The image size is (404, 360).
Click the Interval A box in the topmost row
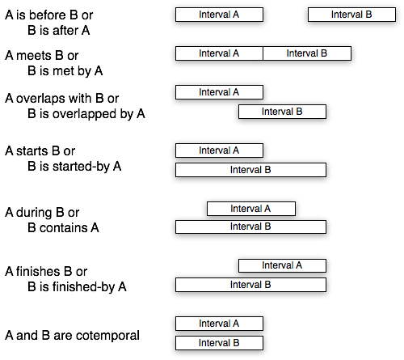[x=219, y=15]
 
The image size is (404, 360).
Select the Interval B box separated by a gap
[x=351, y=15]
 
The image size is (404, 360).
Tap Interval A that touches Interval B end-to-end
[x=219, y=53]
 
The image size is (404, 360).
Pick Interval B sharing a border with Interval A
[x=307, y=53]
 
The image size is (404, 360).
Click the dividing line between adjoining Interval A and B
[x=263, y=53]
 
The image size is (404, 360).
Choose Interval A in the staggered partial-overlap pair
[x=219, y=92]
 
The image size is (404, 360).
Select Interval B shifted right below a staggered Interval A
[x=282, y=112]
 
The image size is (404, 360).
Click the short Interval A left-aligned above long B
[x=219, y=150]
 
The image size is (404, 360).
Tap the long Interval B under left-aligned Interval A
[x=250, y=170]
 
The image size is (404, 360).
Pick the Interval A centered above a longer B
[x=250, y=209]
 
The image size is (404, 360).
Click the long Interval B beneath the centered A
[x=250, y=227]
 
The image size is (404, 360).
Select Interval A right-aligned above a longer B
[x=282, y=265]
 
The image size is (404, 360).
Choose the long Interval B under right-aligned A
[x=250, y=285]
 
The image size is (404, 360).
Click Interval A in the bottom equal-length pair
[x=219, y=324]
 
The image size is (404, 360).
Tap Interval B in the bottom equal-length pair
[x=219, y=343]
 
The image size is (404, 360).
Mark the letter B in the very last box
[x=236, y=343]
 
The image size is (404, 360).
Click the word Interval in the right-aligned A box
[x=277, y=265]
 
